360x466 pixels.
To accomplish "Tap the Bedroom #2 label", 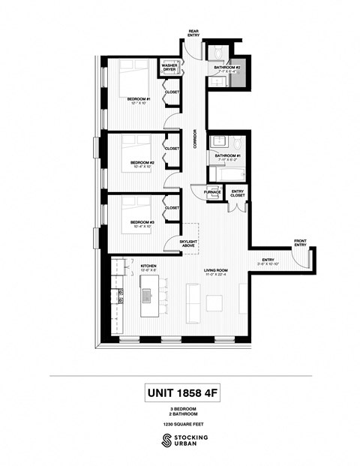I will click(142, 162).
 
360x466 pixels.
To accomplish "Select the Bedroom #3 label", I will click(142, 222).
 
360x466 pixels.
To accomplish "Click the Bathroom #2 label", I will click(226, 68).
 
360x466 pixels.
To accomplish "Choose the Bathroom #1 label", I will click(227, 155).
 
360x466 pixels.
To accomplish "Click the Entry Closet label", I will click(238, 194).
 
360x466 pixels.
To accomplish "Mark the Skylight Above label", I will click(187, 243).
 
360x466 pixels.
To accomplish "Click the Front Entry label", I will click(300, 243).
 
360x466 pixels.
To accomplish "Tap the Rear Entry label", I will click(193, 33).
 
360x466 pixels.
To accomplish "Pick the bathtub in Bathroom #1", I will click(227, 174).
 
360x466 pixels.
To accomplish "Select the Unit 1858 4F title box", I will click(180, 392).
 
